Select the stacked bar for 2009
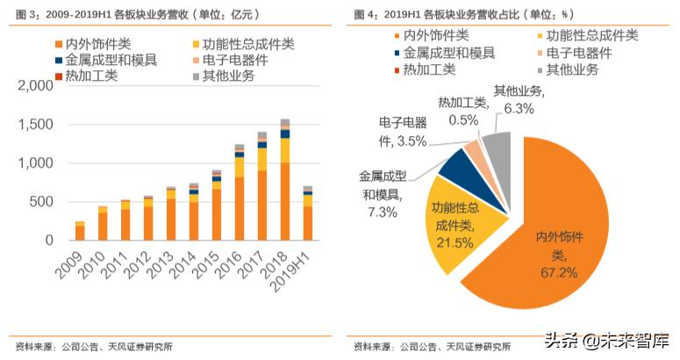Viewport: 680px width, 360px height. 80,231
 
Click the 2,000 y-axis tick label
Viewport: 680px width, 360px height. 36,86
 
